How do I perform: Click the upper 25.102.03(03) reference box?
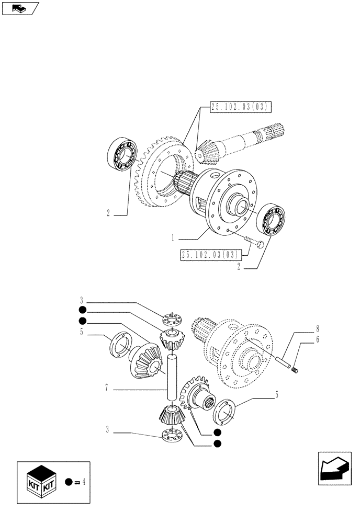pyautogui.click(x=240, y=107)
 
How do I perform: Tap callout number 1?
pyautogui.click(x=172, y=238)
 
